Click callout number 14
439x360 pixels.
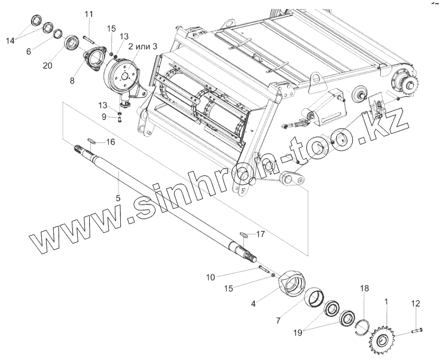click(9, 41)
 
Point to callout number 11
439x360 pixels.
click(89, 14)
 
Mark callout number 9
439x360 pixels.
click(103, 117)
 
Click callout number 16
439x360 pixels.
click(110, 142)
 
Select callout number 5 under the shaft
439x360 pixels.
click(118, 197)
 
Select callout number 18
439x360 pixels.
click(364, 289)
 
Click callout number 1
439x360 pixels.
click(386, 302)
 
